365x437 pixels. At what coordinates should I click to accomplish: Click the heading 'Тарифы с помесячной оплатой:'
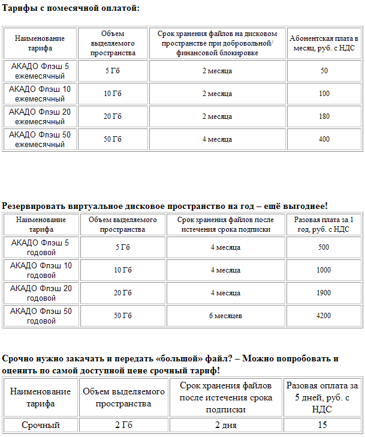(x=71, y=8)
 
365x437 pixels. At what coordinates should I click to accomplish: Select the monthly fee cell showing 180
(x=324, y=116)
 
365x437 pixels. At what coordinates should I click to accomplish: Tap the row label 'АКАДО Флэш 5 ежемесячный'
(x=40, y=71)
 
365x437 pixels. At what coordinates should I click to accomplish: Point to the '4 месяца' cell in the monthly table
(x=217, y=139)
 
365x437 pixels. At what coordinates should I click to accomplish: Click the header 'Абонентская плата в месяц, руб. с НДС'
(x=324, y=43)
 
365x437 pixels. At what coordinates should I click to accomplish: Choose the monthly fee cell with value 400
(x=324, y=139)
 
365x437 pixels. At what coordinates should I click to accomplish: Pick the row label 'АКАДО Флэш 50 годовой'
(x=41, y=316)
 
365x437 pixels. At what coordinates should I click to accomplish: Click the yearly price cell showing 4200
(x=324, y=316)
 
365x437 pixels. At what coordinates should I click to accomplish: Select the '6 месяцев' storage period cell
(x=225, y=316)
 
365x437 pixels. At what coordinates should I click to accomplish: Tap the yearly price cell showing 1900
(x=324, y=293)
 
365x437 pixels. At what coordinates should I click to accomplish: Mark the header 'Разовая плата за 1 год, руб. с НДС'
(x=324, y=224)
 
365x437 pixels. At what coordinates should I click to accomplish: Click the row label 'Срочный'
(x=41, y=425)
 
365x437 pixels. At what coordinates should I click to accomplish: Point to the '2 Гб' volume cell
(x=123, y=425)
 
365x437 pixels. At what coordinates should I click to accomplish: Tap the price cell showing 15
(x=323, y=425)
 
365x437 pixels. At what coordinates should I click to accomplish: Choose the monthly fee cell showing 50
(x=324, y=71)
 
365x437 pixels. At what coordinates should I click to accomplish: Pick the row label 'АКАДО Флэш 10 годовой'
(x=41, y=270)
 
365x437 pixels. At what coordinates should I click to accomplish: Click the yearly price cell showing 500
(x=324, y=247)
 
